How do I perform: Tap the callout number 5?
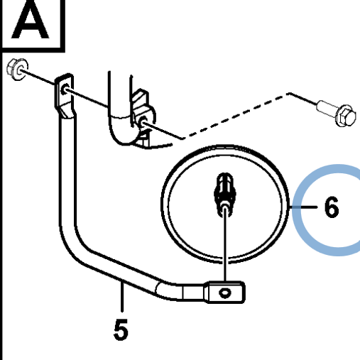tap(121, 329)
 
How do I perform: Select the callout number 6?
tap(332, 207)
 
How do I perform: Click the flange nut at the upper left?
tap(18, 69)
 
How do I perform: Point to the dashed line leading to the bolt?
tap(236, 116)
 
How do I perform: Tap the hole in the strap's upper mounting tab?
tap(65, 89)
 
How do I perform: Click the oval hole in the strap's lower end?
tap(224, 293)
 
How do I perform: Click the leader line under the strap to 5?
tap(122, 296)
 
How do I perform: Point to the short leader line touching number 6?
tap(304, 207)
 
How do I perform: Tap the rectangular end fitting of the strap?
tap(225, 293)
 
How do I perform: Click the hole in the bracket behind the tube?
tap(143, 121)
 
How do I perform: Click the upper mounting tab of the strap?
tap(64, 94)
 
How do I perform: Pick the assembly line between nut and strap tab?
tap(38, 77)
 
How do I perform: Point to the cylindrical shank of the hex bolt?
tap(326, 108)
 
